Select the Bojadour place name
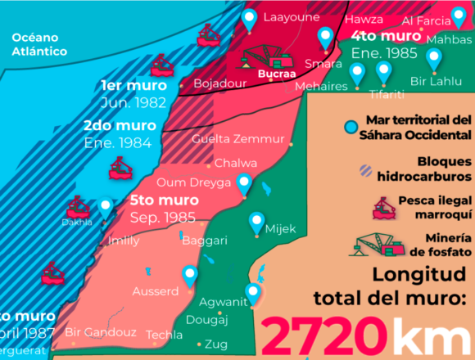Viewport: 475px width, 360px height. coord(219,83)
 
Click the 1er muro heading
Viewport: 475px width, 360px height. coord(133,85)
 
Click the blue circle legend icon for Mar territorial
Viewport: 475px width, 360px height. coord(351,127)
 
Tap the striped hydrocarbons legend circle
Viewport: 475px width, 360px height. coord(365,170)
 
